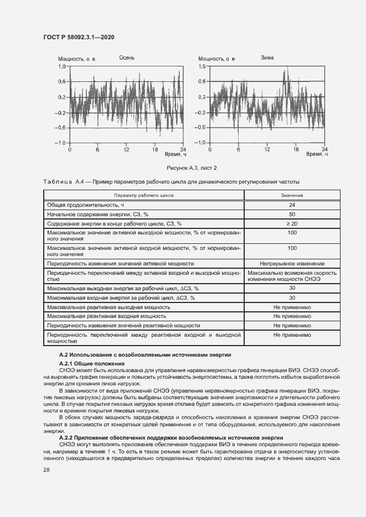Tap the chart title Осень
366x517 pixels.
[x=126, y=58]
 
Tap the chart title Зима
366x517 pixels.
[x=267, y=58]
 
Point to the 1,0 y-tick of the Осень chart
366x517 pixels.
[x=62, y=66]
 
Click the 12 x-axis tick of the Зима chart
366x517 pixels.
[x=267, y=149]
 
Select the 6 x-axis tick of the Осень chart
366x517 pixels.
[x=97, y=149]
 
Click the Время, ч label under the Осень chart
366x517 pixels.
[x=172, y=155]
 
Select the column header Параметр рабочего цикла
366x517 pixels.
[x=144, y=195]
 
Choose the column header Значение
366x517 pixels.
[x=292, y=195]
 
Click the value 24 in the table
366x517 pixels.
[x=292, y=205]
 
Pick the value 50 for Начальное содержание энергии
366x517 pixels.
[x=292, y=214]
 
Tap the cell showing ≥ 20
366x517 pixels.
[x=292, y=223]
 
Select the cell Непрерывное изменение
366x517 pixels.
[x=292, y=264]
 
